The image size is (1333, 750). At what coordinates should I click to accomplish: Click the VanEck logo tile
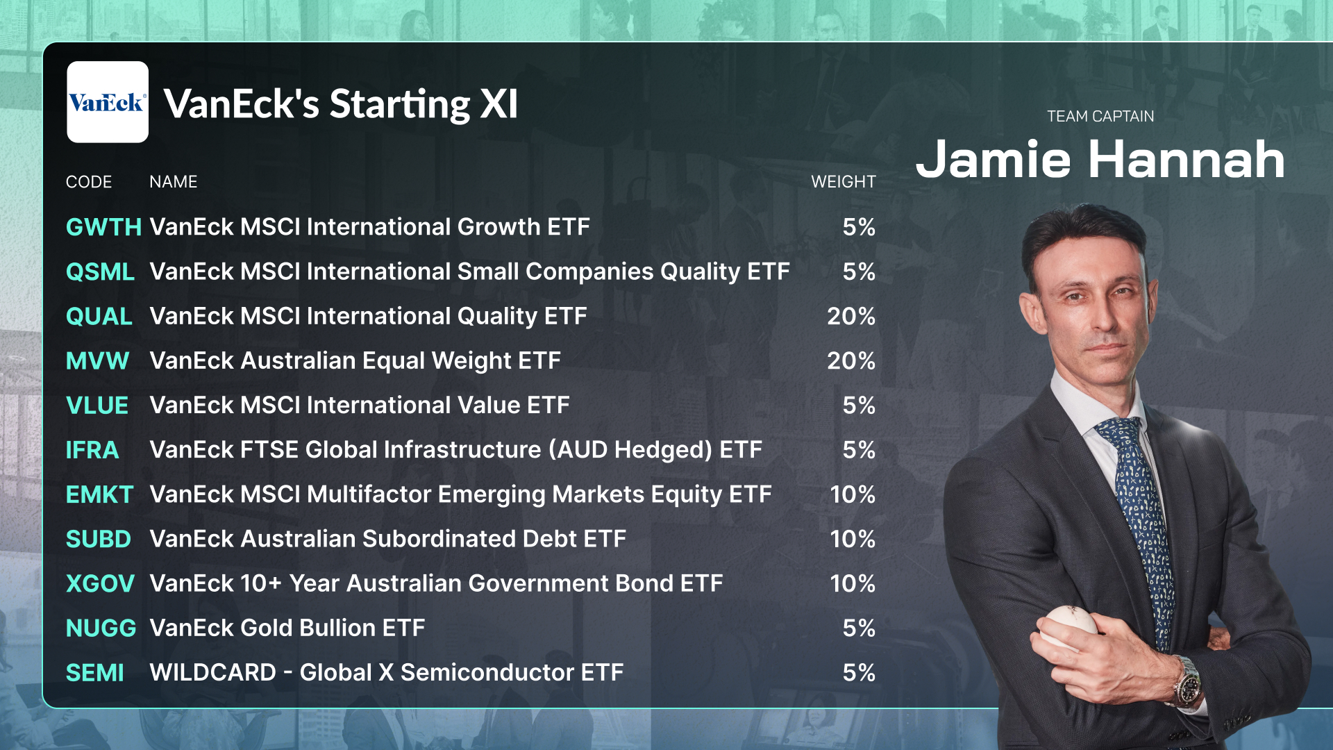click(x=108, y=102)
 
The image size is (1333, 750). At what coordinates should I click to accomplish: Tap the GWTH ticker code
click(x=103, y=227)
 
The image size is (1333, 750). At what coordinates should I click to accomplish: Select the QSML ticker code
click(x=100, y=272)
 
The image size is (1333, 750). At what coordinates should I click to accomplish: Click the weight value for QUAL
click(x=851, y=316)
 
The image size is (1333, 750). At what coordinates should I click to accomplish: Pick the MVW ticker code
click(x=97, y=360)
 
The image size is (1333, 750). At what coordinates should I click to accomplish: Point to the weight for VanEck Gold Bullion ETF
click(x=859, y=628)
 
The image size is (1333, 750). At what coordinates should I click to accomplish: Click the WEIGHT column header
click(x=844, y=182)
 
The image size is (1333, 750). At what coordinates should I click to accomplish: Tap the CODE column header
click(x=89, y=182)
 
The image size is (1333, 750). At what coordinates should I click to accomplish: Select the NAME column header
click(x=174, y=182)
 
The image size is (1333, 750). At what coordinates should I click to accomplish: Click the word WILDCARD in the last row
click(x=213, y=672)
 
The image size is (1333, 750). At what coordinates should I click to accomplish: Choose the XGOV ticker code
click(x=100, y=583)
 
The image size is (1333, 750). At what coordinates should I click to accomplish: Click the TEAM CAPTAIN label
click(x=1100, y=117)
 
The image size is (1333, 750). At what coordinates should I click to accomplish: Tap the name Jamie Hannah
click(x=1100, y=160)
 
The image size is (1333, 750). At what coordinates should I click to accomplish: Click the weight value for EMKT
click(x=853, y=494)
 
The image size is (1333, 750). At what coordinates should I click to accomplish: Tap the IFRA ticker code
click(x=92, y=450)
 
